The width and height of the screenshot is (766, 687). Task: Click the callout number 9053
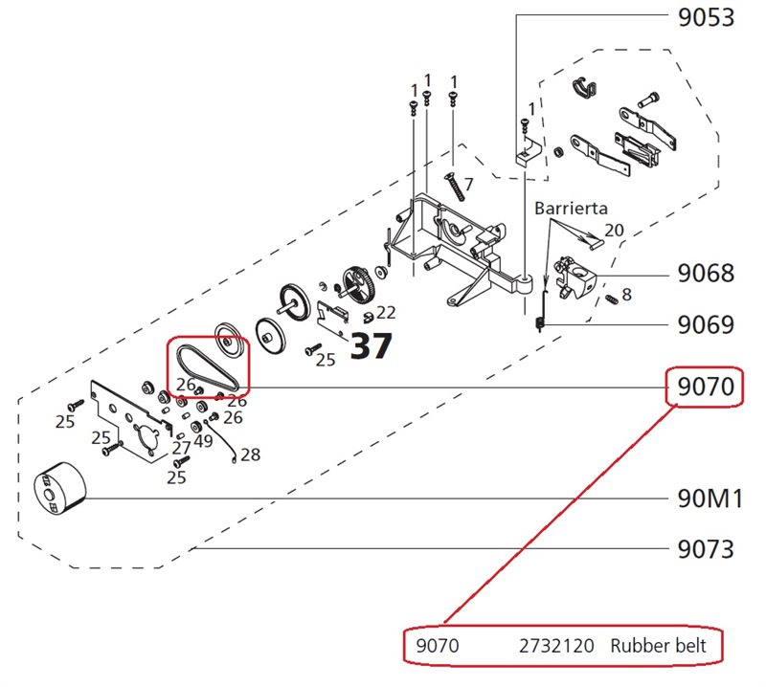coord(706,18)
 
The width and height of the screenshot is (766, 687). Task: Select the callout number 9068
coord(706,275)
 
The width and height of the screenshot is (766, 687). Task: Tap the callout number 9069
coord(706,325)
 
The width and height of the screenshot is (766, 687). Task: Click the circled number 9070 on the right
coord(706,388)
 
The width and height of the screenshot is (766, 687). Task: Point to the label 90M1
coord(706,499)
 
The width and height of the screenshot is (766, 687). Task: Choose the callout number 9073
coord(706,549)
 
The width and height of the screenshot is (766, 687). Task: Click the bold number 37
coord(371,346)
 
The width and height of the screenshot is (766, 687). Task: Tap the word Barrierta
coord(571,208)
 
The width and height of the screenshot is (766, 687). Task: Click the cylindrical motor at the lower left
coord(60,489)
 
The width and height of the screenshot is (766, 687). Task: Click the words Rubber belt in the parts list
coord(658,647)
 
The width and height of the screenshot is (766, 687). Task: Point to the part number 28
coord(250,454)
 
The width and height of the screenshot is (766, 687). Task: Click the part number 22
coord(386,312)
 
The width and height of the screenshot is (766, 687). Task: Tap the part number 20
coord(614,231)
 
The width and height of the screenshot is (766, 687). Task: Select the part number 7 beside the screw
coord(469,183)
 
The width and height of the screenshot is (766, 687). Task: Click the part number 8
coord(626,295)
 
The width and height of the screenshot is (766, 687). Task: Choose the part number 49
coord(203,441)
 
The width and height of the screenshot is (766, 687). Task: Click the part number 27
coord(181,448)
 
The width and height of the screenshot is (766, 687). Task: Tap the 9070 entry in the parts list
coord(438,647)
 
